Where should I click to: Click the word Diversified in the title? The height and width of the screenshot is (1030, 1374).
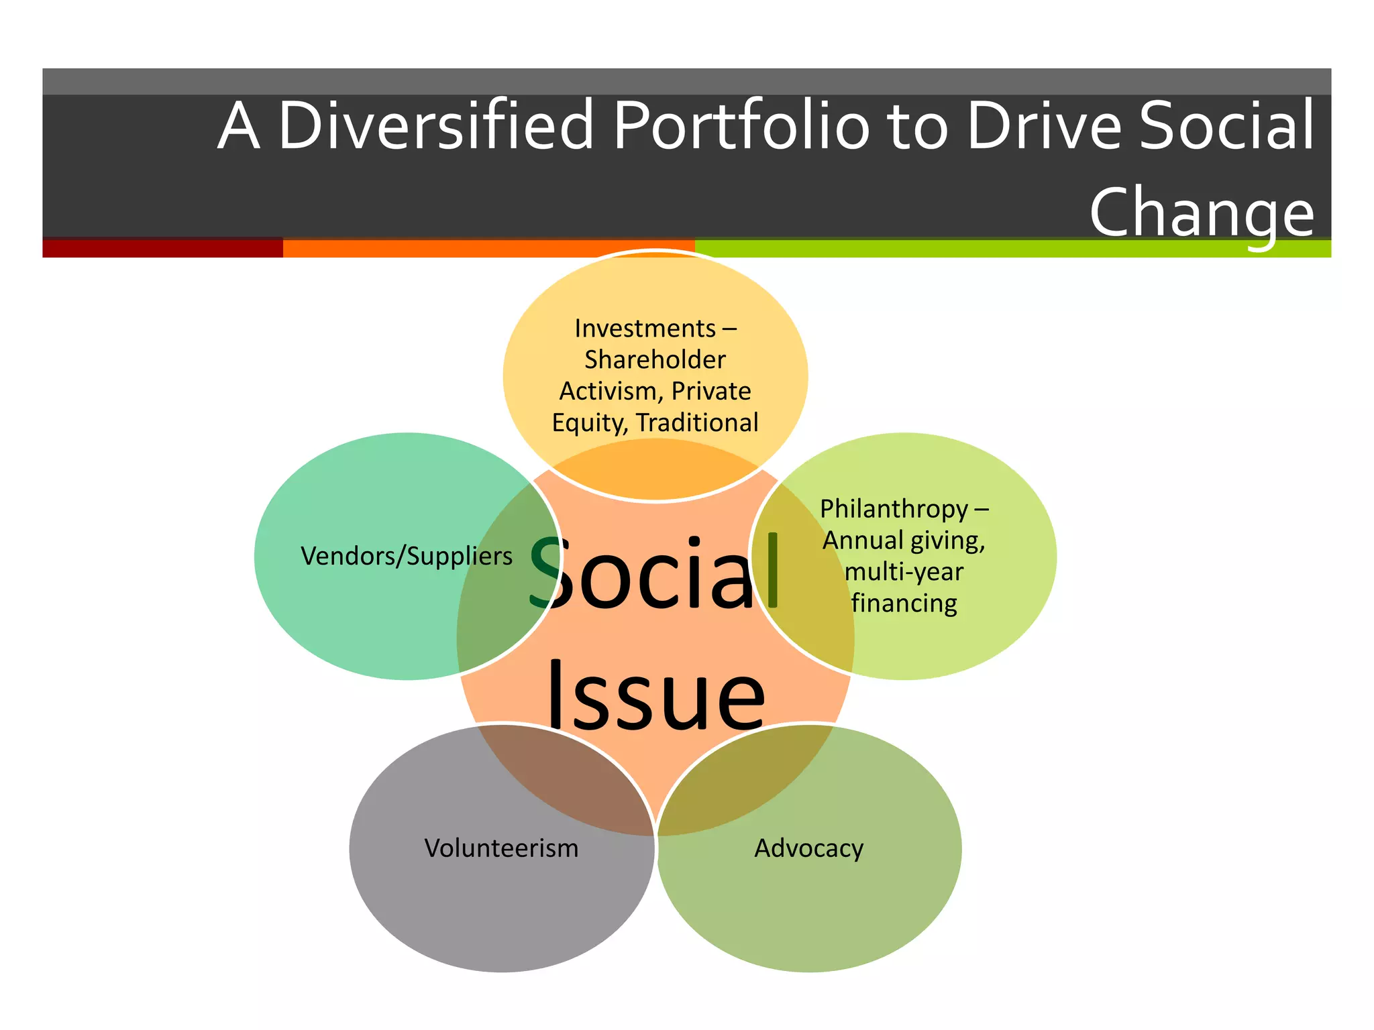tap(436, 125)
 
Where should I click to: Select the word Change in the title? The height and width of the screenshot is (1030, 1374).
tap(1201, 213)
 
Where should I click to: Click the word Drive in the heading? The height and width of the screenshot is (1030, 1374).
tap(1044, 125)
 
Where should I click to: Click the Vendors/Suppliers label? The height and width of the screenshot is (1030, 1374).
tap(407, 557)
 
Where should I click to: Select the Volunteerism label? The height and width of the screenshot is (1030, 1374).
tap(501, 848)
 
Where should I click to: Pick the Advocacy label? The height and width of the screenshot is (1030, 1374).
tap(808, 848)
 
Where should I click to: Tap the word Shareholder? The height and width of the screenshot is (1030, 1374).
tap(655, 360)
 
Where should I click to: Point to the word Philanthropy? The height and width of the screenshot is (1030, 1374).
tap(894, 510)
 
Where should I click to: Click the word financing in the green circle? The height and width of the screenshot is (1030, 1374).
tap(904, 604)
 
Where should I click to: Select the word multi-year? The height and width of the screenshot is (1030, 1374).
tap(904, 572)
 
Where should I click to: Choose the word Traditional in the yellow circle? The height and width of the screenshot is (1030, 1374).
tap(697, 423)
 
